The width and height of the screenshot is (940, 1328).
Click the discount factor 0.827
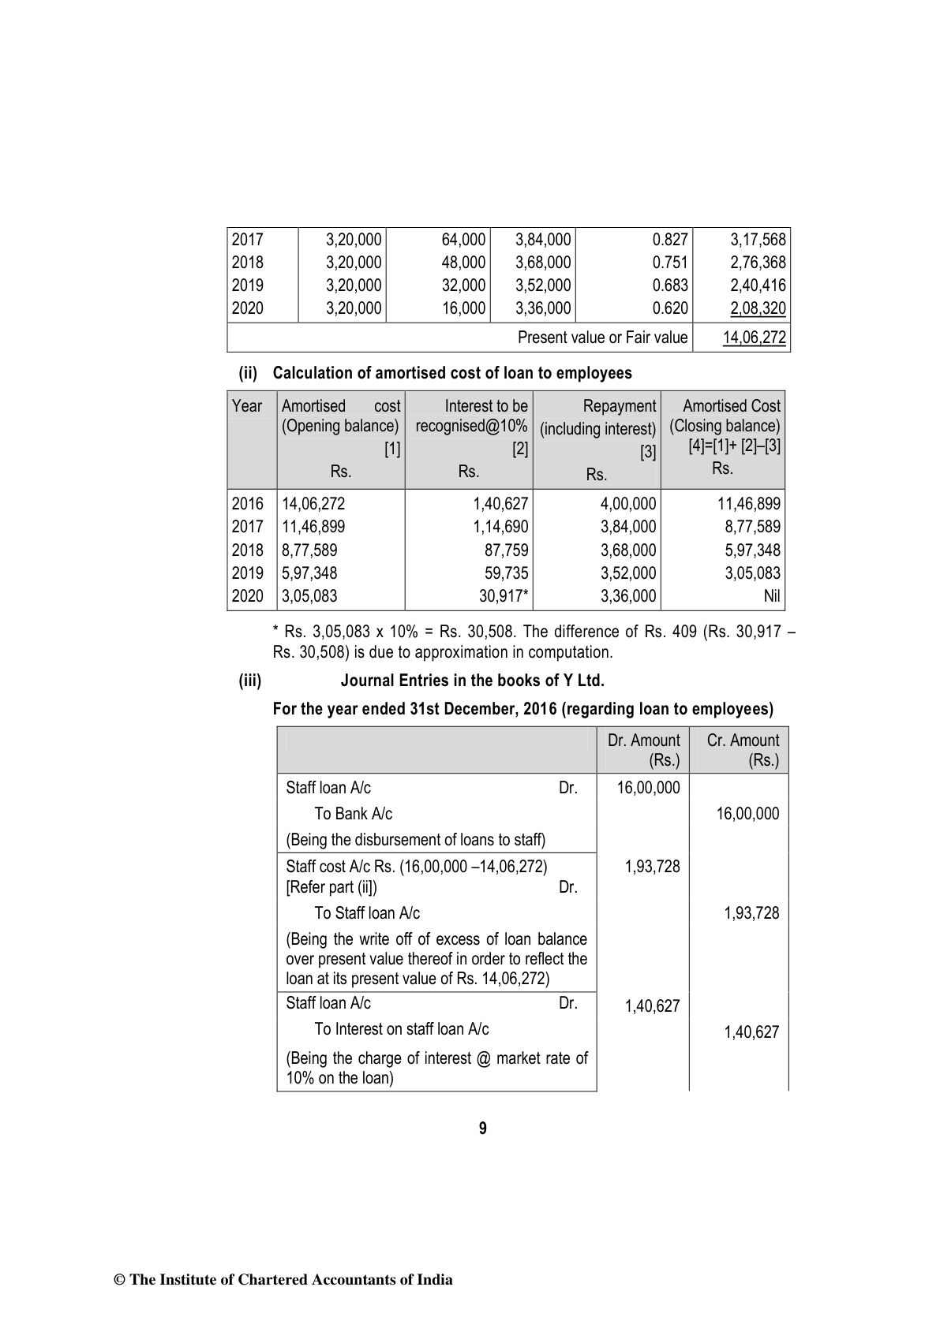point(670,240)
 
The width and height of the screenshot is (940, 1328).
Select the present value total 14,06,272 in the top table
point(755,338)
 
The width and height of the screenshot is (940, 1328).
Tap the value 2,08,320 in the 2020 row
point(758,308)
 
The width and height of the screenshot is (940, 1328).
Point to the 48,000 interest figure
point(463,263)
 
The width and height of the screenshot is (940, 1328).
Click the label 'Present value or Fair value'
point(602,338)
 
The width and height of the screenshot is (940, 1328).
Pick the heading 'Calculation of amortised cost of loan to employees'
point(452,373)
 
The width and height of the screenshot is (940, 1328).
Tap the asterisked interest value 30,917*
point(504,596)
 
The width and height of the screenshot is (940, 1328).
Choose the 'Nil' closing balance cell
point(772,596)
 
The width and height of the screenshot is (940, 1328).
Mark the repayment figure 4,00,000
point(628,504)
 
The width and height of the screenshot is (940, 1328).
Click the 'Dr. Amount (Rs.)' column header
point(643,750)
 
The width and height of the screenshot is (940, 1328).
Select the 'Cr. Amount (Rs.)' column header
point(743,750)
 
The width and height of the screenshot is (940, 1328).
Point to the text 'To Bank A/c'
point(353,814)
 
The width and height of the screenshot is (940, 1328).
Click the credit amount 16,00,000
point(747,814)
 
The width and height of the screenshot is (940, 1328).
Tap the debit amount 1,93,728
point(652,867)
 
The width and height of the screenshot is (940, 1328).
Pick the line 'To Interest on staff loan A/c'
point(401,1029)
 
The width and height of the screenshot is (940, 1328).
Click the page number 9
point(483,1128)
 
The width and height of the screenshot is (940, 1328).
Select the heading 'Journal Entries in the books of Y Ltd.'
point(472,681)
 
